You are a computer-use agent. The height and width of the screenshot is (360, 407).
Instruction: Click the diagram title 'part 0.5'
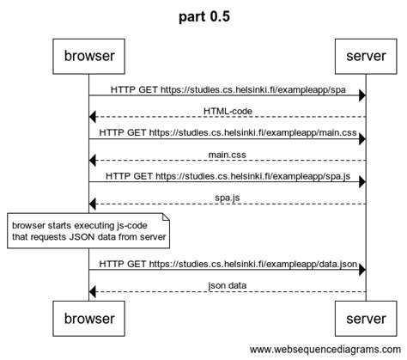click(x=204, y=16)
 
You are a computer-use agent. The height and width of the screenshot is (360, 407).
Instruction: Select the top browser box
click(x=88, y=57)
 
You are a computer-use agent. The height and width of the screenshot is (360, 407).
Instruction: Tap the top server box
click(x=366, y=57)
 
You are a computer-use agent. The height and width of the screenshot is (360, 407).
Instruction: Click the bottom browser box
click(x=88, y=319)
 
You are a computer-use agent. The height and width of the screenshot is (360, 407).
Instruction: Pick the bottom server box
click(x=366, y=319)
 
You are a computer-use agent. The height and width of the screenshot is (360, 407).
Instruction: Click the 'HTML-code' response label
click(x=228, y=111)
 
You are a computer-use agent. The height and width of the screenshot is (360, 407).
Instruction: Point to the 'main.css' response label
click(x=227, y=155)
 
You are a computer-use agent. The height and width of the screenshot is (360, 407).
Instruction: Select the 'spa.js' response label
click(x=228, y=198)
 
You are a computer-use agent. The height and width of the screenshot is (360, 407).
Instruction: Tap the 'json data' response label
click(x=228, y=285)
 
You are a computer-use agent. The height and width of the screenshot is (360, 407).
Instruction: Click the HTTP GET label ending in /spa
click(x=228, y=89)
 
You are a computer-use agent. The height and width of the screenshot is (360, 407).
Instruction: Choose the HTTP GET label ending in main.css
click(x=228, y=133)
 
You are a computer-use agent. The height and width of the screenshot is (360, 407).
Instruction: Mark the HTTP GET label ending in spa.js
click(x=228, y=176)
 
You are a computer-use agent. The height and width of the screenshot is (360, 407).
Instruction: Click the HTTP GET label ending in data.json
click(x=228, y=264)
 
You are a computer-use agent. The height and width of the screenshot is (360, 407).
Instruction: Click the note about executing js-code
click(x=88, y=230)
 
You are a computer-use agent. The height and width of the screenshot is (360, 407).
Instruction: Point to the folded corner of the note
click(x=167, y=217)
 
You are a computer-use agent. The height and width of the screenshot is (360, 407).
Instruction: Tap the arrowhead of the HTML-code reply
click(x=92, y=117)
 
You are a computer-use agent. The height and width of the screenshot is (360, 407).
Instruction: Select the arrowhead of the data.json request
click(x=362, y=270)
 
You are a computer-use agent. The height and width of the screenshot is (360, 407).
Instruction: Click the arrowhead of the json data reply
click(x=92, y=292)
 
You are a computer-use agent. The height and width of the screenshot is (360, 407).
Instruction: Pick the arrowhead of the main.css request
click(x=362, y=139)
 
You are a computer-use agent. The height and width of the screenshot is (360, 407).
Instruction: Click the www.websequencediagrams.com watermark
click(x=325, y=350)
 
